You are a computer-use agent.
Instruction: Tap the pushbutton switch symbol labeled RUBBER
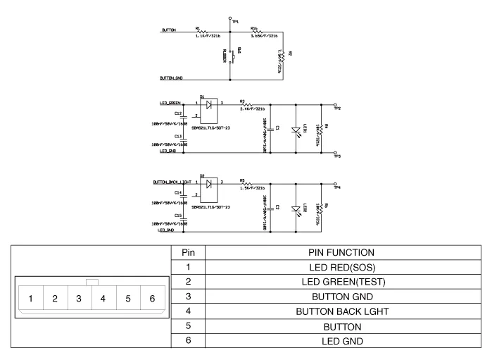232,55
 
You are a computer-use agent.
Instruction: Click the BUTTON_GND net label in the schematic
172,78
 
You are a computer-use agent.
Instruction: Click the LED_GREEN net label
171,103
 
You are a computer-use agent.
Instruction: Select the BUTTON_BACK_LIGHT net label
172,182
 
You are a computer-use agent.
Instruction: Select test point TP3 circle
335,153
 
